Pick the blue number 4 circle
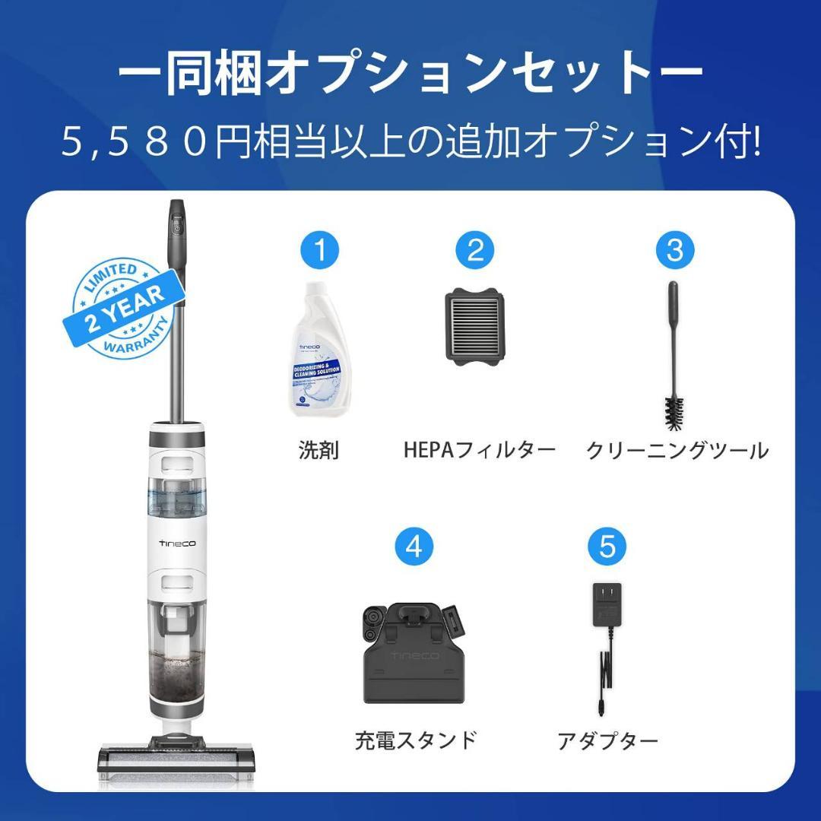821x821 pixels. pos(414,547)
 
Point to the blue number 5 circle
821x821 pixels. pos(607,547)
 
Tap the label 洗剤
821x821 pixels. pos(319,450)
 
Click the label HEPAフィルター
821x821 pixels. pos(479,450)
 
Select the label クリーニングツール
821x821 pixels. pos(677,450)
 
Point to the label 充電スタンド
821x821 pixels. pos(415,740)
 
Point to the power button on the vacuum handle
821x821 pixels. pos(176,227)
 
